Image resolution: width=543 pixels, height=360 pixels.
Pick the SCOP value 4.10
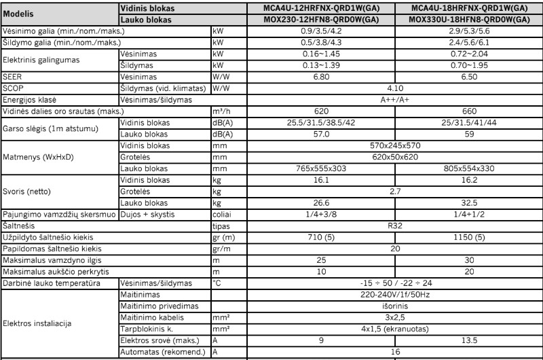pos(394,88)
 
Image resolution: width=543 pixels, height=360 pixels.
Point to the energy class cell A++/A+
pos(394,99)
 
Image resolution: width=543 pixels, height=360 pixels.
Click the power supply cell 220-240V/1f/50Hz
pos(394,295)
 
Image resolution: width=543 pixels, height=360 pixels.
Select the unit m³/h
pos(221,111)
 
